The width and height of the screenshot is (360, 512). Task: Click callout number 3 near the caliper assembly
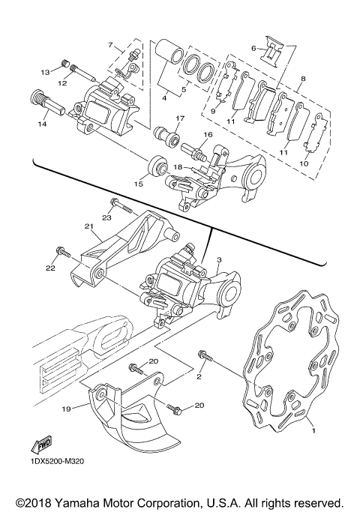click(220, 259)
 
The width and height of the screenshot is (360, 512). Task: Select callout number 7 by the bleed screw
click(110, 45)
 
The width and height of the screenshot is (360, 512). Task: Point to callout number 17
click(180, 118)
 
